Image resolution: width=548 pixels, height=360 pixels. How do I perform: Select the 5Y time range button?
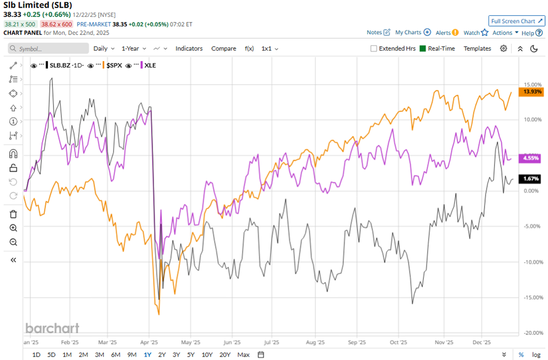click(191, 355)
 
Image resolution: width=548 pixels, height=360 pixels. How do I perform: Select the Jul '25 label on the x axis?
click(272, 343)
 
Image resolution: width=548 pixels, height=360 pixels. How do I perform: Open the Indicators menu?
click(189, 48)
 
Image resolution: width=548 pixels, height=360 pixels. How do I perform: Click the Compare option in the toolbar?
click(223, 48)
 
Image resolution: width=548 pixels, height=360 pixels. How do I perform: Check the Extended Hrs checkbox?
click(374, 48)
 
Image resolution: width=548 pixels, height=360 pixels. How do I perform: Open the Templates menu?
click(477, 48)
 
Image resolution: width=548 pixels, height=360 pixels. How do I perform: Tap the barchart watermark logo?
click(52, 328)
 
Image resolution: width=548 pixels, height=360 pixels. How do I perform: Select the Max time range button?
click(244, 355)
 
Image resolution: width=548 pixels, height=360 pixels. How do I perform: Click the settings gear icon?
click(504, 48)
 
